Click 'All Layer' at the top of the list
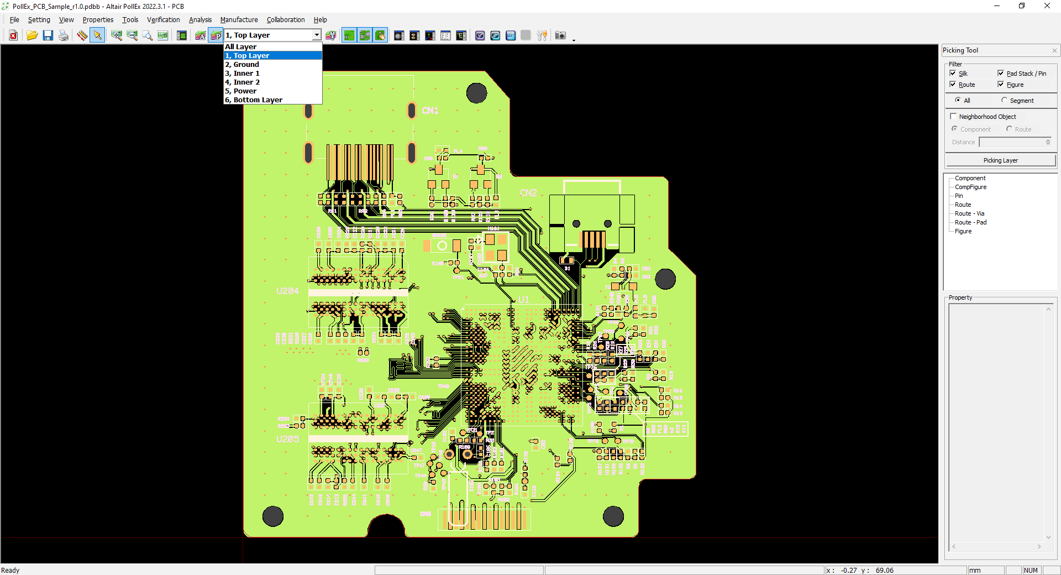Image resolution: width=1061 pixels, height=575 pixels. click(240, 47)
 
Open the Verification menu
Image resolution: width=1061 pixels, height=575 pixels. click(163, 20)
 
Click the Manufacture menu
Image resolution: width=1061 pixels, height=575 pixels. click(239, 20)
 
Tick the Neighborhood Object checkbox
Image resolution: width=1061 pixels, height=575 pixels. click(953, 117)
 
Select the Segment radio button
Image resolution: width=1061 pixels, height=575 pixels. click(1004, 101)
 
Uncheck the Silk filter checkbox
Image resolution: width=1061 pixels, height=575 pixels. click(953, 74)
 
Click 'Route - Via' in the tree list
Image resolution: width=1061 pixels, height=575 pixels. click(969, 213)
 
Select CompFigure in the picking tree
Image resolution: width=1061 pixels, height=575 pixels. click(970, 187)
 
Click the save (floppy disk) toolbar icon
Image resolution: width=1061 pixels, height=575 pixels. click(48, 35)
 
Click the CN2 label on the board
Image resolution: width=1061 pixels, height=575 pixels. click(528, 193)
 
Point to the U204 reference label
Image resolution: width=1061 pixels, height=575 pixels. click(287, 291)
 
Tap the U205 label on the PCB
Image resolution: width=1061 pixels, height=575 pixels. click(287, 439)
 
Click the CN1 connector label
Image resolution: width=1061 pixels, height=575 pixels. click(430, 111)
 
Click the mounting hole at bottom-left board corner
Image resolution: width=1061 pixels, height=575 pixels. click(272, 516)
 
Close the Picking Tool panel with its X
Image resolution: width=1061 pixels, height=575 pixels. click(1054, 50)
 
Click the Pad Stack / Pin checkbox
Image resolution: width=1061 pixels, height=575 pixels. click(1001, 74)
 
